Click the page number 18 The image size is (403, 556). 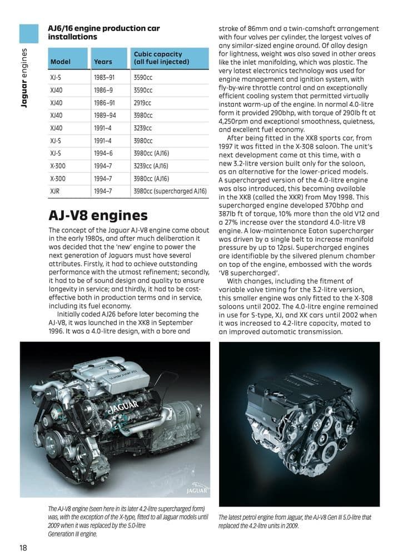[23, 547]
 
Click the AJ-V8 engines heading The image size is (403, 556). [98, 215]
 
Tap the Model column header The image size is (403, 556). [59, 62]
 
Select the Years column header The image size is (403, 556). [103, 62]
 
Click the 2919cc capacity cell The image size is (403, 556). [143, 103]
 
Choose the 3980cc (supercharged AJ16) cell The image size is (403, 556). [170, 191]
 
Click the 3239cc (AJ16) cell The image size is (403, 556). [151, 166]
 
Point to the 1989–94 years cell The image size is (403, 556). [106, 116]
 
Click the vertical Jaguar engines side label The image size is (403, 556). [24, 78]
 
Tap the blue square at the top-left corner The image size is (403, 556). [29, 33]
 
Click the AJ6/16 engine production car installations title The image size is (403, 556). [104, 32]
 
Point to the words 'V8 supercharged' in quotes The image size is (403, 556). [247, 272]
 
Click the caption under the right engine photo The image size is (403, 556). [294, 521]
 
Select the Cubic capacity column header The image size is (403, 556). [158, 58]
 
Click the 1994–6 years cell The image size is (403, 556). [104, 153]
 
